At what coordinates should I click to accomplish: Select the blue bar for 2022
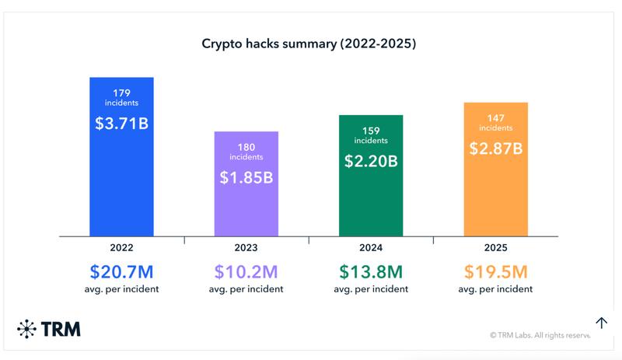[122, 194]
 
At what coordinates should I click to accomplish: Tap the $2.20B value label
[371, 161]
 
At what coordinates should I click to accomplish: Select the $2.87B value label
[496, 148]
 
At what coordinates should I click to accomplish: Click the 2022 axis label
[122, 248]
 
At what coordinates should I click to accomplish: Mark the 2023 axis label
[246, 248]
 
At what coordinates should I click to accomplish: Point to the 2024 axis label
[371, 248]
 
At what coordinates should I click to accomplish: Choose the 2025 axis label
[496, 248]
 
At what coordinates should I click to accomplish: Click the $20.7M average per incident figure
[122, 272]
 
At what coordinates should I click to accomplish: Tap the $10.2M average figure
[246, 272]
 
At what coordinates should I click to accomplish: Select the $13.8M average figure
[371, 272]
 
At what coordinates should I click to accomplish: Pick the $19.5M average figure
[496, 272]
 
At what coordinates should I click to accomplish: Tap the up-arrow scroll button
[601, 323]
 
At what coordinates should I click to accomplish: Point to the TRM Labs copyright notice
[540, 336]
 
